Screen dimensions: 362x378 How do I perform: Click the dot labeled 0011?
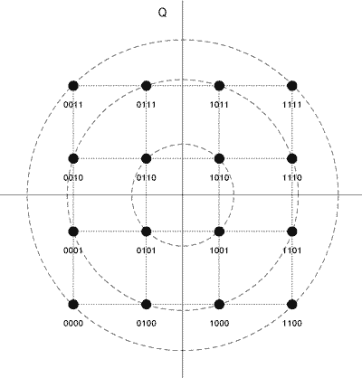pos(73,86)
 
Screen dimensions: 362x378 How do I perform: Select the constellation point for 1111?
pos(292,86)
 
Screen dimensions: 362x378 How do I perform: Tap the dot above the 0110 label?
pos(147,158)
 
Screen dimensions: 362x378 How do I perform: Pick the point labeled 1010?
pos(219,158)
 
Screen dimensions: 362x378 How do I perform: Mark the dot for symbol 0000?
pos(73,305)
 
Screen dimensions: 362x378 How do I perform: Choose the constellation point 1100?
pos(292,305)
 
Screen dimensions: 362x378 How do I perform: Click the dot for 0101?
pos(147,232)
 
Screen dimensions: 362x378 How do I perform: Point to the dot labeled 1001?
pos(219,232)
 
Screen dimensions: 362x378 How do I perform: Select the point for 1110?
pos(292,158)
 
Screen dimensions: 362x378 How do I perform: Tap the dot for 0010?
pos(73,158)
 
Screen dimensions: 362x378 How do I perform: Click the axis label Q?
pos(162,13)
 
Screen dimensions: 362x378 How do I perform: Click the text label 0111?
pos(147,105)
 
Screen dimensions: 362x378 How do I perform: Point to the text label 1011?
pos(219,105)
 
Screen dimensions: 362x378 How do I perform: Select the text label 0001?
pos(73,250)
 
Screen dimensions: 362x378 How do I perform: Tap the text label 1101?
pos(292,250)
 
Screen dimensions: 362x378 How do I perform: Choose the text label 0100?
pos(147,324)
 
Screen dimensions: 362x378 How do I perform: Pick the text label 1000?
pos(219,324)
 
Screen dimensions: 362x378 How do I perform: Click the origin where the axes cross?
pos(183,195)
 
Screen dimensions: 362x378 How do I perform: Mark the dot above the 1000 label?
pos(219,305)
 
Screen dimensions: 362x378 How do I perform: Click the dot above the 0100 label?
pos(147,305)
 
